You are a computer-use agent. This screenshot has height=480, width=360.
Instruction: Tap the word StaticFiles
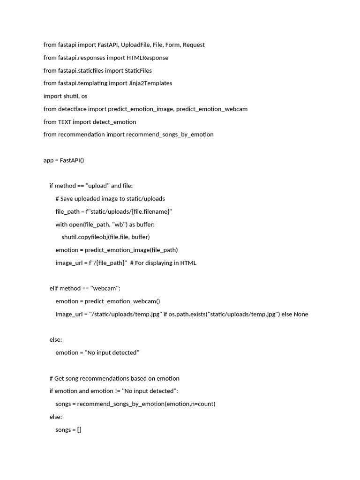[x=138, y=70]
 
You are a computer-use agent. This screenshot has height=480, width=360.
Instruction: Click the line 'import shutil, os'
[x=65, y=96]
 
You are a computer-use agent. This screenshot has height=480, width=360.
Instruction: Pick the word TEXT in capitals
[x=65, y=122]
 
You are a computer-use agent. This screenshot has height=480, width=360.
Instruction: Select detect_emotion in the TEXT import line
[x=114, y=122]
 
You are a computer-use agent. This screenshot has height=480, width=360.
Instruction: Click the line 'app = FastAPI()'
[x=64, y=160]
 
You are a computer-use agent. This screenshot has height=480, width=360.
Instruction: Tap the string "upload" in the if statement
[x=97, y=186]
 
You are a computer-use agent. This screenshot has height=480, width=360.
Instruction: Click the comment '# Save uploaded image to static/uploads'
[x=110, y=198]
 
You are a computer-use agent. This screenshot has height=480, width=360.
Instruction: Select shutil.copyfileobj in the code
[x=84, y=237]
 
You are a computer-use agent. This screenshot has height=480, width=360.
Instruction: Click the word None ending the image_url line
[x=301, y=314]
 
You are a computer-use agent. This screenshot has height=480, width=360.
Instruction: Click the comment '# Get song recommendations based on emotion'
[x=114, y=378]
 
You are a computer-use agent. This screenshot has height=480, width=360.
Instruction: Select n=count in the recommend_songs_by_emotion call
[x=202, y=404]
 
